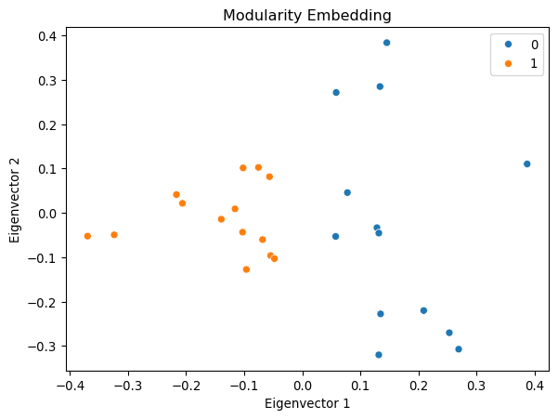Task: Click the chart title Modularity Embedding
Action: pyautogui.click(x=307, y=15)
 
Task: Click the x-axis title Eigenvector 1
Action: pyautogui.click(x=307, y=403)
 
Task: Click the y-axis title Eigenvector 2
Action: pyautogui.click(x=16, y=200)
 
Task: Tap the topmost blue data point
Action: pyautogui.click(x=387, y=43)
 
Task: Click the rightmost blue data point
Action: pyautogui.click(x=526, y=164)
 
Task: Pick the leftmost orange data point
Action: pyautogui.click(x=87, y=236)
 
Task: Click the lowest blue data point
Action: pyautogui.click(x=379, y=355)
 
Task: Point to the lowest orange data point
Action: pyautogui.click(x=246, y=269)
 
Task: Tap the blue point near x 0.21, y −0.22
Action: pyautogui.click(x=423, y=310)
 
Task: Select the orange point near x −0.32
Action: pyautogui.click(x=114, y=235)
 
